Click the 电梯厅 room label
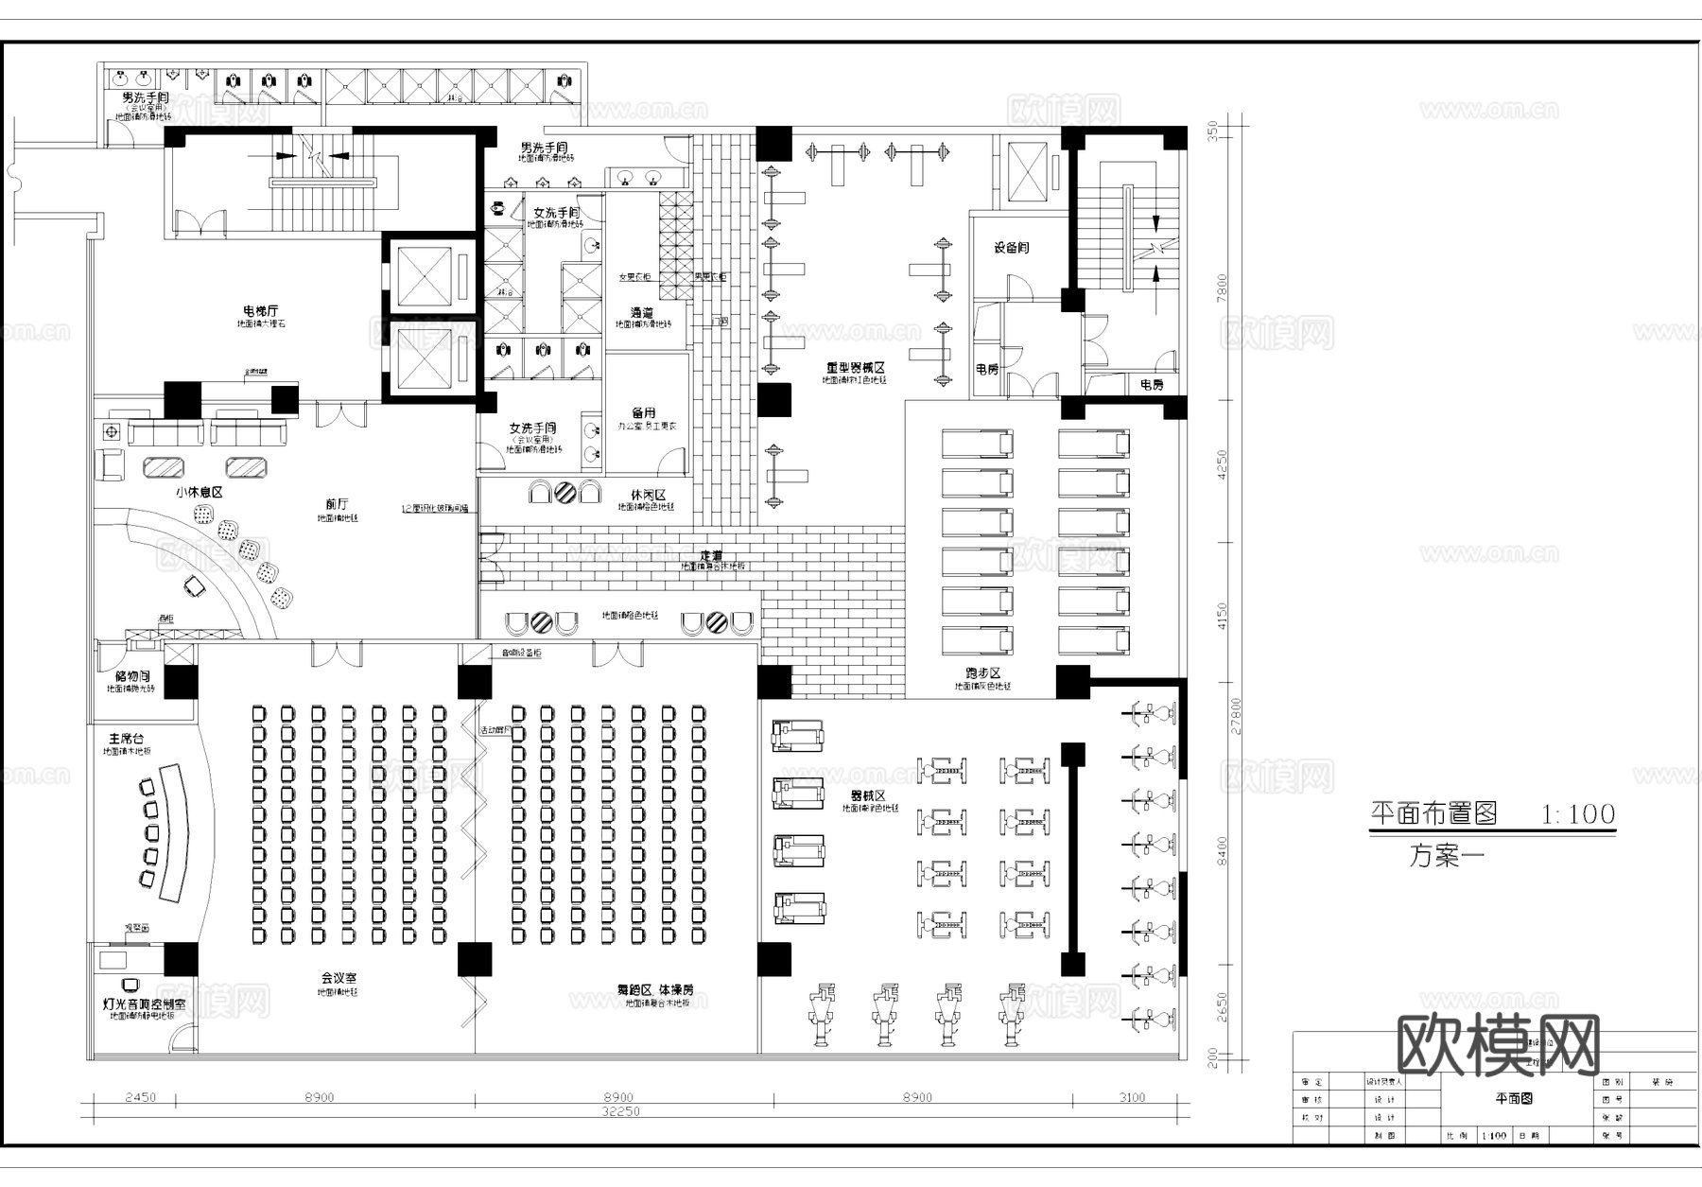coord(261,310)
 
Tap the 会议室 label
coord(338,978)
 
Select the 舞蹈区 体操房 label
coord(655,989)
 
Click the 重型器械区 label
coord(854,367)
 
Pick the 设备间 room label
coord(1011,248)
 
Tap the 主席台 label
coord(127,739)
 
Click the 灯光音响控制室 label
coord(145,1004)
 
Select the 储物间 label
coord(132,676)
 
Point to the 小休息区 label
coord(199,493)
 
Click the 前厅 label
coord(337,504)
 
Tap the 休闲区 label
coord(648,495)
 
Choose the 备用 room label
coord(644,413)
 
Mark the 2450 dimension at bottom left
coord(141,1098)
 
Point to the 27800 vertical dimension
coord(1236,716)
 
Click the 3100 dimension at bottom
coord(1132,1098)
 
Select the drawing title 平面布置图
coord(1433,812)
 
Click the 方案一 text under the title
coord(1447,857)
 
